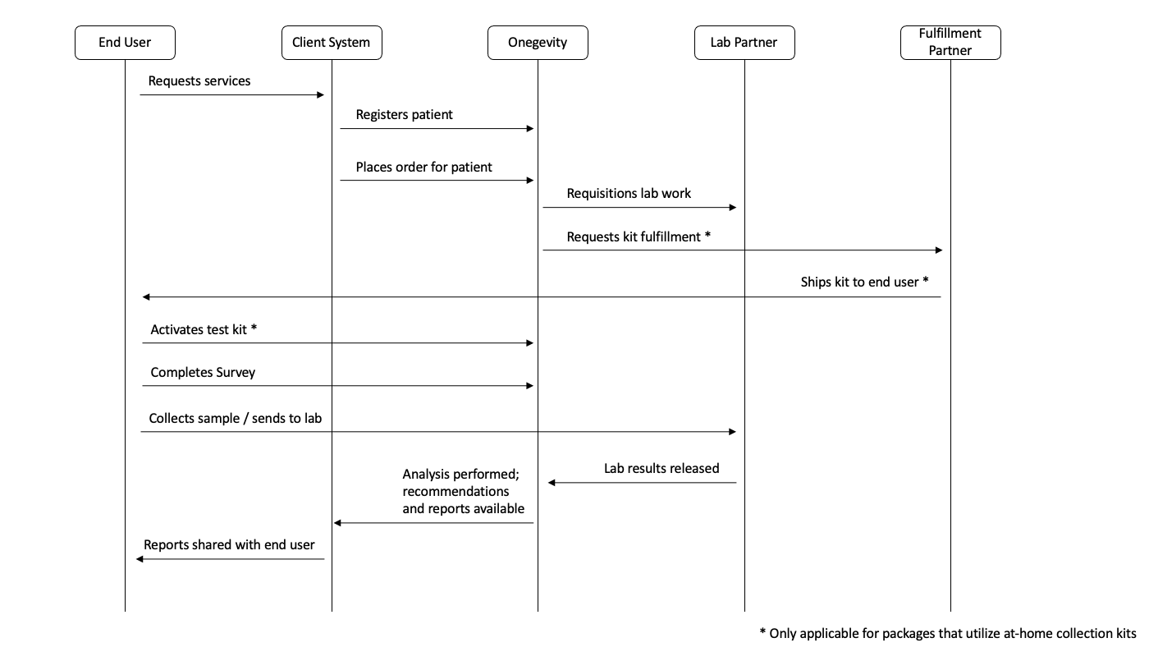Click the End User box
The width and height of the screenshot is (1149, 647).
(x=125, y=43)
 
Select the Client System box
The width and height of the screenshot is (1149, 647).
(x=332, y=43)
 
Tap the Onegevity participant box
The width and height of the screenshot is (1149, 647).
(x=538, y=43)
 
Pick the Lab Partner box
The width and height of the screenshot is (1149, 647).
(x=744, y=43)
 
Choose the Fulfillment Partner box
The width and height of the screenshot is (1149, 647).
(x=950, y=43)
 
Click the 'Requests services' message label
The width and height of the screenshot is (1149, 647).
(x=199, y=81)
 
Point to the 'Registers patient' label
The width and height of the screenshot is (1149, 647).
(x=404, y=115)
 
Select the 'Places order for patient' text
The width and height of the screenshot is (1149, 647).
(x=423, y=167)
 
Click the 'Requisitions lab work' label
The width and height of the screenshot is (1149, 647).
(x=629, y=194)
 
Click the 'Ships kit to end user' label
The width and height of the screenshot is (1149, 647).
(x=864, y=282)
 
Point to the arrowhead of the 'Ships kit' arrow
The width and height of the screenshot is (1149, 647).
(x=146, y=296)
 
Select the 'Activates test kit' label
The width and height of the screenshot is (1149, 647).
(x=204, y=329)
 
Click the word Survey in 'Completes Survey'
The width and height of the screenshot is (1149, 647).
(x=236, y=373)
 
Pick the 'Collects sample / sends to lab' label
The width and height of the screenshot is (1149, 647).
(x=236, y=418)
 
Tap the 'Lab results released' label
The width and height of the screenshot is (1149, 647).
(x=661, y=469)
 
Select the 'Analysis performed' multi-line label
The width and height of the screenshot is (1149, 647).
(x=463, y=491)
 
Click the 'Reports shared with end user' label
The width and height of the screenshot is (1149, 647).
(x=229, y=545)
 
